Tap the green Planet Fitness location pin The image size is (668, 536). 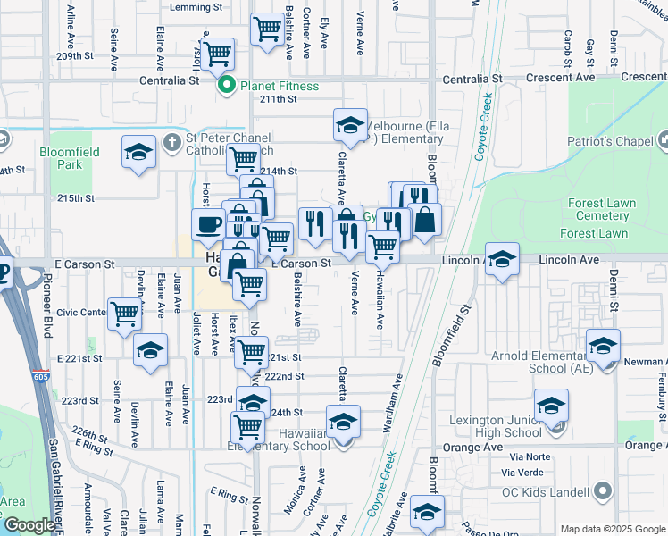click(x=227, y=86)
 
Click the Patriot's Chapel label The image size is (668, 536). click(x=610, y=141)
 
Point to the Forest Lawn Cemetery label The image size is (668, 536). click(x=602, y=209)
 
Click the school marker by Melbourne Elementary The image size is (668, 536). click(x=351, y=126)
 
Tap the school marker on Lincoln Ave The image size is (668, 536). click(x=503, y=259)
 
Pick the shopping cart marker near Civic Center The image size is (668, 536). click(x=125, y=314)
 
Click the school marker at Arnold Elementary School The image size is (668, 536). click(x=604, y=346)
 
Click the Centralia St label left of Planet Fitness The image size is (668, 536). click(x=168, y=80)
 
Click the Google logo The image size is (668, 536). click(x=29, y=525)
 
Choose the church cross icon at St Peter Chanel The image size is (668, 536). click(x=172, y=141)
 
